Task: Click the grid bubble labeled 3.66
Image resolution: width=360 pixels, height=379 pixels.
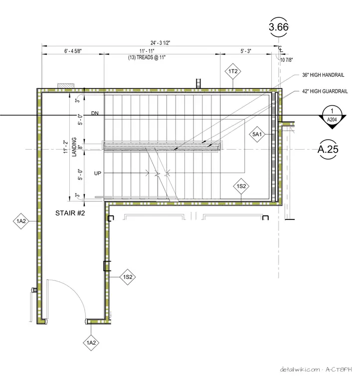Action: (279, 27)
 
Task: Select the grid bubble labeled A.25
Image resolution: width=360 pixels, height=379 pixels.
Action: (328, 149)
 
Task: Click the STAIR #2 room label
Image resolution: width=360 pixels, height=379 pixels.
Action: (70, 213)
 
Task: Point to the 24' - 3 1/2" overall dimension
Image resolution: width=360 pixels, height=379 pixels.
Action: (160, 43)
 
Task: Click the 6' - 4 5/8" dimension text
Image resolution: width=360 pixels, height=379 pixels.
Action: (73, 51)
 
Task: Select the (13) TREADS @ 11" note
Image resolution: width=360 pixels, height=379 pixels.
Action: (147, 57)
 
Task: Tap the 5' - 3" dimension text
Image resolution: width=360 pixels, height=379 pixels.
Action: (246, 51)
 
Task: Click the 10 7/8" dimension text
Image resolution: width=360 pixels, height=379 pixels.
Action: (287, 60)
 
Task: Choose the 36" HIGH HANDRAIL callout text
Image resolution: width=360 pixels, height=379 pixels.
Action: (323, 75)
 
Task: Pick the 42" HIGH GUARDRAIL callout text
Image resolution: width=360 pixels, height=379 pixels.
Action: (325, 91)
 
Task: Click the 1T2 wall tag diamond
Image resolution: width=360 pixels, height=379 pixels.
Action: (233, 71)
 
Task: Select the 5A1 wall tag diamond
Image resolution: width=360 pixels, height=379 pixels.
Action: (257, 134)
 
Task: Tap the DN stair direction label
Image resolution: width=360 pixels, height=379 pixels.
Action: (95, 113)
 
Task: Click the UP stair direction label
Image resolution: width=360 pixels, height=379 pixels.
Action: (98, 174)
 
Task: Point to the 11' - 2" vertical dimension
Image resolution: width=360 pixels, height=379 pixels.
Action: (65, 147)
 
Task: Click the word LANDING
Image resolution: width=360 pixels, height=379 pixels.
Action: (74, 147)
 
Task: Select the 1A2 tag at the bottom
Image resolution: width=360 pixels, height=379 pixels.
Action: (91, 343)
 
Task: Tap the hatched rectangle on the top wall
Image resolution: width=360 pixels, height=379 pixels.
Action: (66, 86)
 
